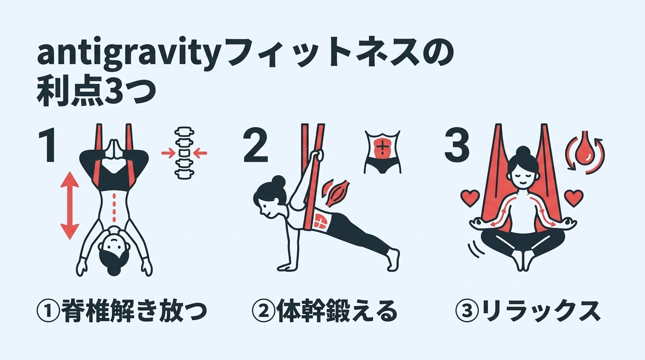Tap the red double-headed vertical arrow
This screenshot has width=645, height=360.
coord(70,205)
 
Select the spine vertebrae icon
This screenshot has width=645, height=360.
coord(184,152)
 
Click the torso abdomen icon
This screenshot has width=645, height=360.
coord(382,151)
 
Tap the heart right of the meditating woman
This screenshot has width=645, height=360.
coord(574,196)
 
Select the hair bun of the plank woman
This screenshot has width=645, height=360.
coord(277,181)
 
